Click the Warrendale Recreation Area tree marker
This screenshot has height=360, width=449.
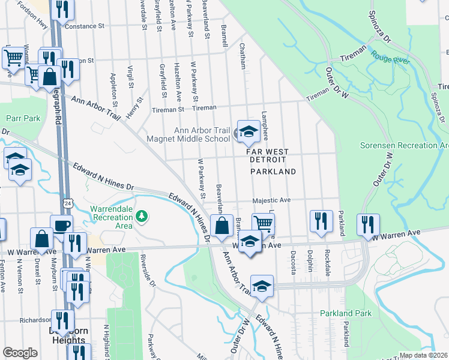tap(142, 215)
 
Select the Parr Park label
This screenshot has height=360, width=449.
tap(23, 118)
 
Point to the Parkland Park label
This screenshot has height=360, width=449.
tap(345, 313)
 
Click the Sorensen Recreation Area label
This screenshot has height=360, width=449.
tap(404, 146)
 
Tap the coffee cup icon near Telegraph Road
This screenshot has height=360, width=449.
tap(61, 226)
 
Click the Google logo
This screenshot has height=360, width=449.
tap(20, 353)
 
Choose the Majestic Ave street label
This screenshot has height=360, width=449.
tap(271, 200)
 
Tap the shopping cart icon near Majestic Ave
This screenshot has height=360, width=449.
tap(263, 224)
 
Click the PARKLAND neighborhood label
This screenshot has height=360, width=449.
tap(273, 172)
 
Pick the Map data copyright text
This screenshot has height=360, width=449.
tap(423, 355)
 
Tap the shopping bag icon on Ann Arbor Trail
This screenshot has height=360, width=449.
tap(221, 227)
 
